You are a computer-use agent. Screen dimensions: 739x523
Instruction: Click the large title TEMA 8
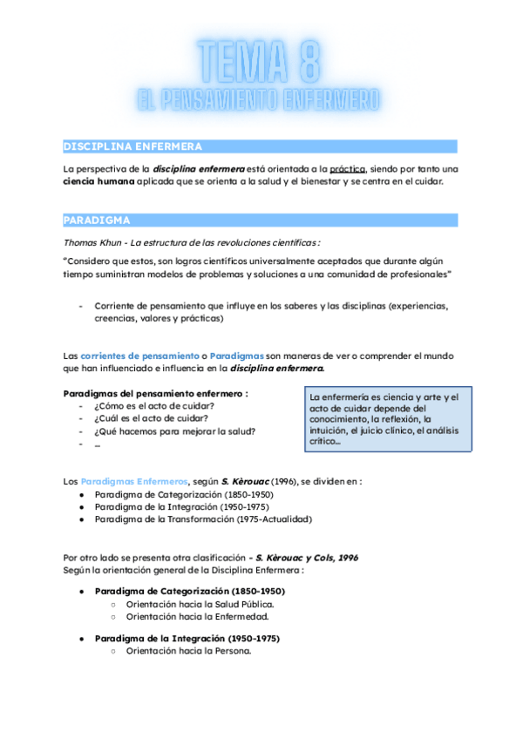pos(260,63)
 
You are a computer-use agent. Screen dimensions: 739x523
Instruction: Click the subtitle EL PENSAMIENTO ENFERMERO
pos(259,100)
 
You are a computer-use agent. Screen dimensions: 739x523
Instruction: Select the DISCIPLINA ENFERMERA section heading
pos(132,146)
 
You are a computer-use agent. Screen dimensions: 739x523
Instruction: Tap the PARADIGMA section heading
pos(97,220)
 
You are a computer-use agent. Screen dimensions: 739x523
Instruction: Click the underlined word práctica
pos(348,168)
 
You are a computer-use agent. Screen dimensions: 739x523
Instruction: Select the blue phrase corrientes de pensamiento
pos(138,356)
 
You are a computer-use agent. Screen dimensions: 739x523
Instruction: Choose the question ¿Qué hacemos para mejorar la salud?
pos(174,431)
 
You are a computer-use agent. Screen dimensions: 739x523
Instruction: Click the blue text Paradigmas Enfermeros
pos(133,481)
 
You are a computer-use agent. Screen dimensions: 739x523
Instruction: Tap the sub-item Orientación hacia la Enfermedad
pos(194,616)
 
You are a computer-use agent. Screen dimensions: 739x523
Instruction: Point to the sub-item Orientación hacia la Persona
pos(188,650)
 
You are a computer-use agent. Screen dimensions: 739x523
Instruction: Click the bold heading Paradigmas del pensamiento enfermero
pos(156,393)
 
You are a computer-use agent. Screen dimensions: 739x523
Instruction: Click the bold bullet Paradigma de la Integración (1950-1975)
pos(187,638)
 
